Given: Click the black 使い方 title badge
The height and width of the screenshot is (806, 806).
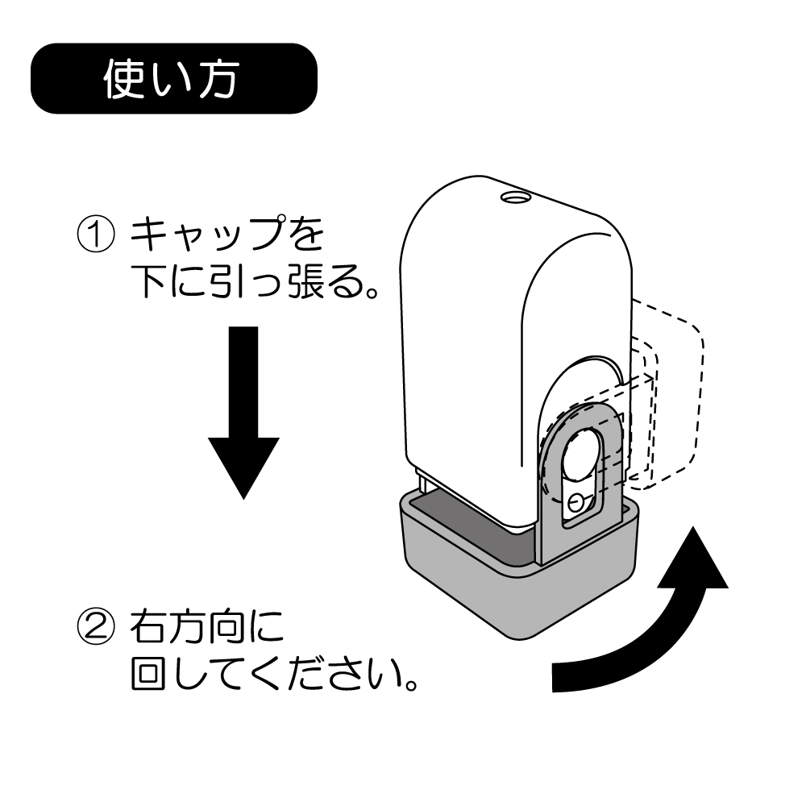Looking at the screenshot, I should [x=172, y=78].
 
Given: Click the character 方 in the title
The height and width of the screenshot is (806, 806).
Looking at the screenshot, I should [x=217, y=79].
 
